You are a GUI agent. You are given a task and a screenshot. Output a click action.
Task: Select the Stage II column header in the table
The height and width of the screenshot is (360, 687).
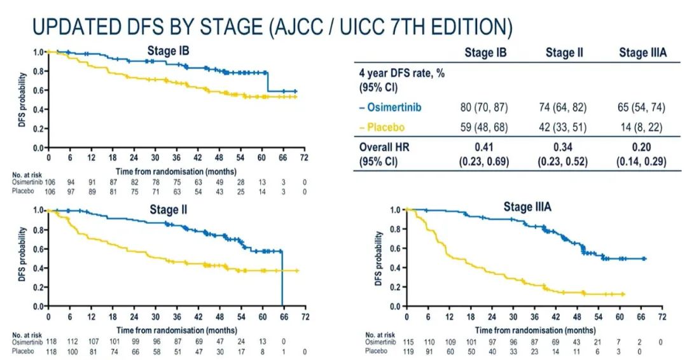[x=564, y=53]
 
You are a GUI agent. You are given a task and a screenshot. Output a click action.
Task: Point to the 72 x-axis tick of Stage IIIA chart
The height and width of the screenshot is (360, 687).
[x=662, y=315]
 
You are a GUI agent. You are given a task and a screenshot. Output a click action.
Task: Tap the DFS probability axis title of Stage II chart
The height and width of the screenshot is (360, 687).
[x=22, y=257]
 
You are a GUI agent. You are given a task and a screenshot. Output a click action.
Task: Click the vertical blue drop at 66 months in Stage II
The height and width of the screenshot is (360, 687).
[x=282, y=280]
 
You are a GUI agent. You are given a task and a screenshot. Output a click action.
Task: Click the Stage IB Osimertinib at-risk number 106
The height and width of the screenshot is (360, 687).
[x=48, y=182]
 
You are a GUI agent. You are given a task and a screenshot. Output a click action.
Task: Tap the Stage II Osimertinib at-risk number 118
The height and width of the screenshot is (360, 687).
[x=48, y=342]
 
